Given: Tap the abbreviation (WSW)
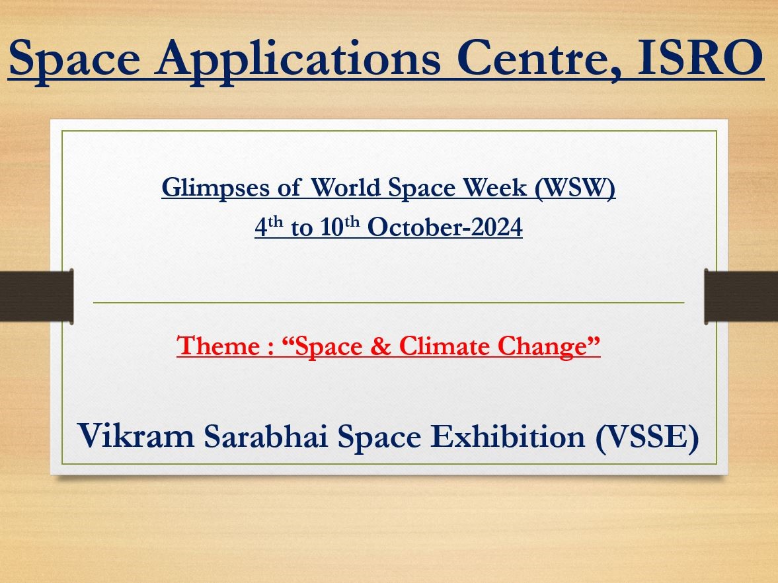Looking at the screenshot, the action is (575, 188).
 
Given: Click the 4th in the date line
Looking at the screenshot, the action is (269, 226).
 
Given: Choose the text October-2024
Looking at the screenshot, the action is (445, 227).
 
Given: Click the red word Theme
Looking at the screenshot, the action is (218, 345).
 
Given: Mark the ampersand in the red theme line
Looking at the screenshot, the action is (381, 346).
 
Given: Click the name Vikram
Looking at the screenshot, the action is (136, 435).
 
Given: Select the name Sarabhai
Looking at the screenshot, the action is (266, 435).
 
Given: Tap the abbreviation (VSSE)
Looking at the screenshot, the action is (648, 436).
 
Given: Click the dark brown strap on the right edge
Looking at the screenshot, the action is (741, 296).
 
